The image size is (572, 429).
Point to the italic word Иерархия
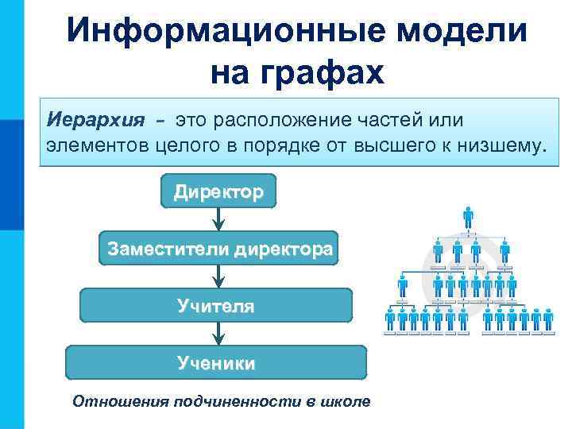(x=96, y=120)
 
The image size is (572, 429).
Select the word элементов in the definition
(x=95, y=145)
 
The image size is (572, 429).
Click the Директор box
(x=218, y=191)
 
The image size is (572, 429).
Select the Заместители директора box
(x=218, y=249)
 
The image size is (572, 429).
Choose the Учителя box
(x=216, y=305)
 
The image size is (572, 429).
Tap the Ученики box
(x=216, y=362)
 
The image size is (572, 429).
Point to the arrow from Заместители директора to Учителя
(x=218, y=276)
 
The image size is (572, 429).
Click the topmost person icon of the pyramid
(x=468, y=217)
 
